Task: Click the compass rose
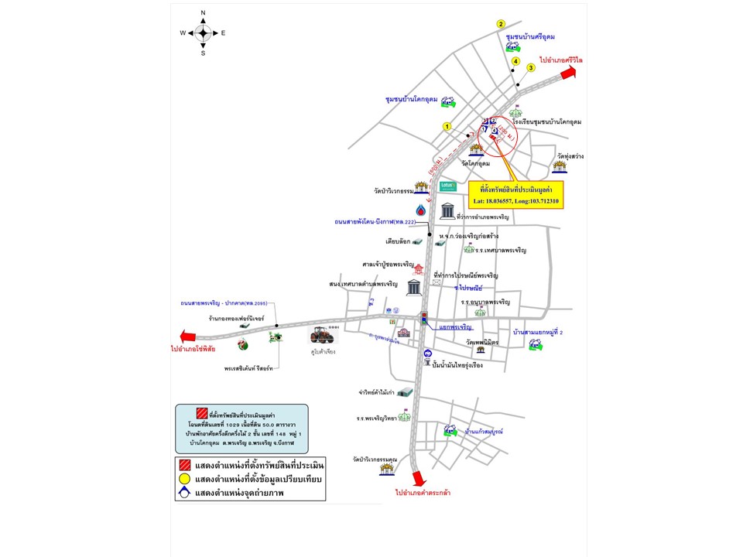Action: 203,32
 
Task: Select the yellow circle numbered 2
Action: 501,24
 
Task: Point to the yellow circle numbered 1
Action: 447,126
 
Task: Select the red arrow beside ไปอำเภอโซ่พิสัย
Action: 186,336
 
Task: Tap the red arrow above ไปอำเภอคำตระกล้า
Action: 419,477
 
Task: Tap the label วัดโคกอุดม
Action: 476,164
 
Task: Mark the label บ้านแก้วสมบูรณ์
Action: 484,430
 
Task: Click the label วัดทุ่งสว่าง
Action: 569,155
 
